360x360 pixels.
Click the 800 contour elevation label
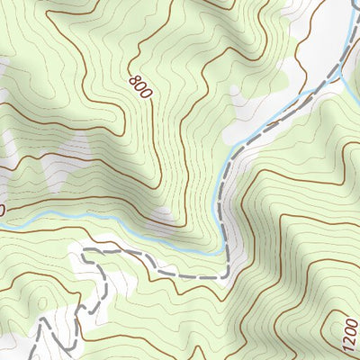point(140,85)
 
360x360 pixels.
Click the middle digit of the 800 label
point(140,85)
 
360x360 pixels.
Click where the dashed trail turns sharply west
point(225,272)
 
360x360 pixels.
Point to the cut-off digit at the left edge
point(2,209)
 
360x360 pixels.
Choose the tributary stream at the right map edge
point(356,87)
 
